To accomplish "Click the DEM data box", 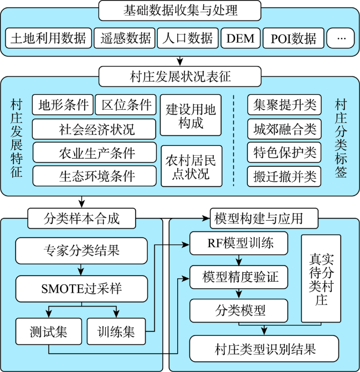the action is click(x=240, y=38).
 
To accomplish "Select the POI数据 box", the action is click(x=294, y=38).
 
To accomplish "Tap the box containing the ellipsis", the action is click(x=341, y=38).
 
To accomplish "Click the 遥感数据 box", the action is click(x=125, y=38).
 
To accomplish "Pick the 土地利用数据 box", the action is click(x=48, y=38).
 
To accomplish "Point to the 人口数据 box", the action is click(x=188, y=38).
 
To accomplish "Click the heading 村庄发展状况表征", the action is click(x=180, y=77).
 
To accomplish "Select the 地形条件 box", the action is click(x=63, y=105).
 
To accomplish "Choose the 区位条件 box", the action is click(x=126, y=105).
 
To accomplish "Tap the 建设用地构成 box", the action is click(x=191, y=115).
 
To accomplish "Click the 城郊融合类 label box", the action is click(x=284, y=129).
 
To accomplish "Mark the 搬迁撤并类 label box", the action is click(x=284, y=176).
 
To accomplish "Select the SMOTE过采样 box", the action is click(x=82, y=289).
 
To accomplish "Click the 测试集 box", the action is click(x=49, y=332).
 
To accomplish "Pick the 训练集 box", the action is click(x=116, y=332).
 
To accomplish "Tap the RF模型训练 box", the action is click(x=239, y=243).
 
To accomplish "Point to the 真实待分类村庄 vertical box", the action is click(x=321, y=278).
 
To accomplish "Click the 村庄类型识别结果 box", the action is click(x=264, y=349).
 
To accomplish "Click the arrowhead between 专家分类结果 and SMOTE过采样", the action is click(x=81, y=272).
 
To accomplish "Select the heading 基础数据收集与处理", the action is click(x=180, y=11).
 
